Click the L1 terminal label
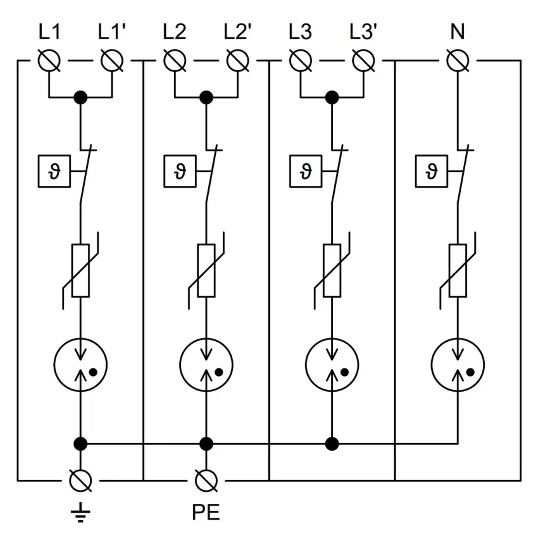[48, 32]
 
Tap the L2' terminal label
[238, 32]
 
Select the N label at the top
[457, 32]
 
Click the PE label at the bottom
[206, 511]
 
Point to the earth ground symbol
[80, 511]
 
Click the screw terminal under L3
[299, 61]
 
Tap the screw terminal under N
[457, 61]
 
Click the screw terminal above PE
[206, 480]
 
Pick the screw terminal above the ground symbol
[80, 480]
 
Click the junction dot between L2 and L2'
[206, 97]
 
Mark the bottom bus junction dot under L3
[331, 442]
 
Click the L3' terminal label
[363, 32]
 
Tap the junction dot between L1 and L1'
[80, 97]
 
